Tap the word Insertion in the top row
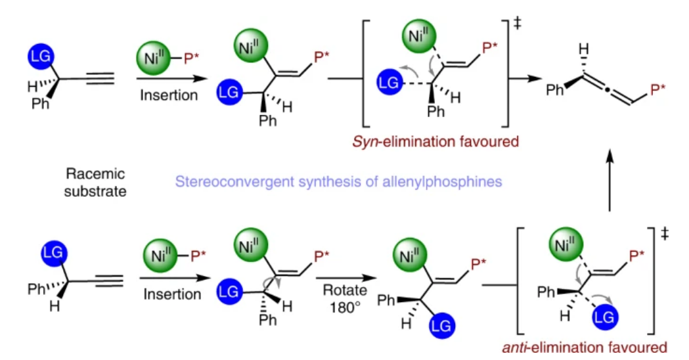coord(169,95)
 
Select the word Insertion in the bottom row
coord(172,293)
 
